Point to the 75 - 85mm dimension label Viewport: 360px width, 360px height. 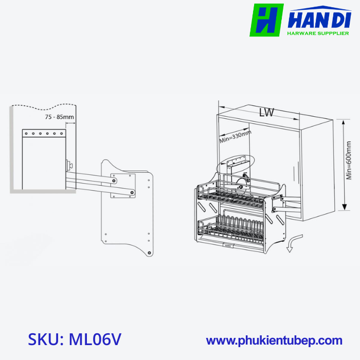[x=60, y=117]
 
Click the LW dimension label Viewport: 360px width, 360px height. [x=266, y=113]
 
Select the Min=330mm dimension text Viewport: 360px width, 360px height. [x=236, y=137]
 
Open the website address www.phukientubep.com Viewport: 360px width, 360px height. [x=274, y=340]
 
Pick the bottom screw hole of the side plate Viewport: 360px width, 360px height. [x=149, y=253]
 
